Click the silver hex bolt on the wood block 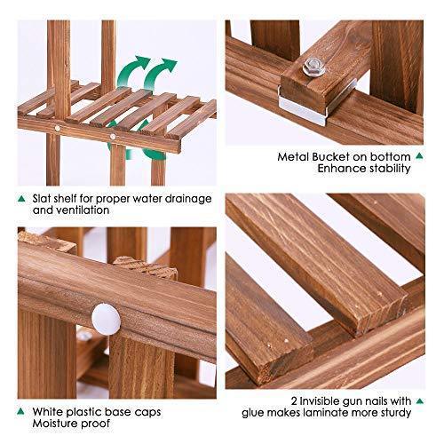(x=314, y=67)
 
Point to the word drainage (x=188, y=199)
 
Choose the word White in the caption (x=47, y=412)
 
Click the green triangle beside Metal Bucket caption (x=419, y=155)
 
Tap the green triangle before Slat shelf (x=21, y=199)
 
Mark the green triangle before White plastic (x=20, y=411)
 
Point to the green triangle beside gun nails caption (x=420, y=401)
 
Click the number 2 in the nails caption (x=294, y=401)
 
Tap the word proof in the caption (x=95, y=424)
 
